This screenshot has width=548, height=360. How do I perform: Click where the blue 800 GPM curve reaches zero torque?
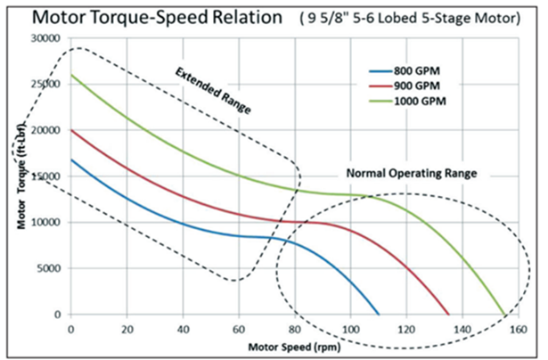(379, 314)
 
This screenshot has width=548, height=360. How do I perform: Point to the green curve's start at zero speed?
(71, 75)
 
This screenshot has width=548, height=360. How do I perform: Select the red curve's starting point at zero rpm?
(71, 130)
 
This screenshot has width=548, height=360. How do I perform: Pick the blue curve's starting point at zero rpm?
(71, 160)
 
